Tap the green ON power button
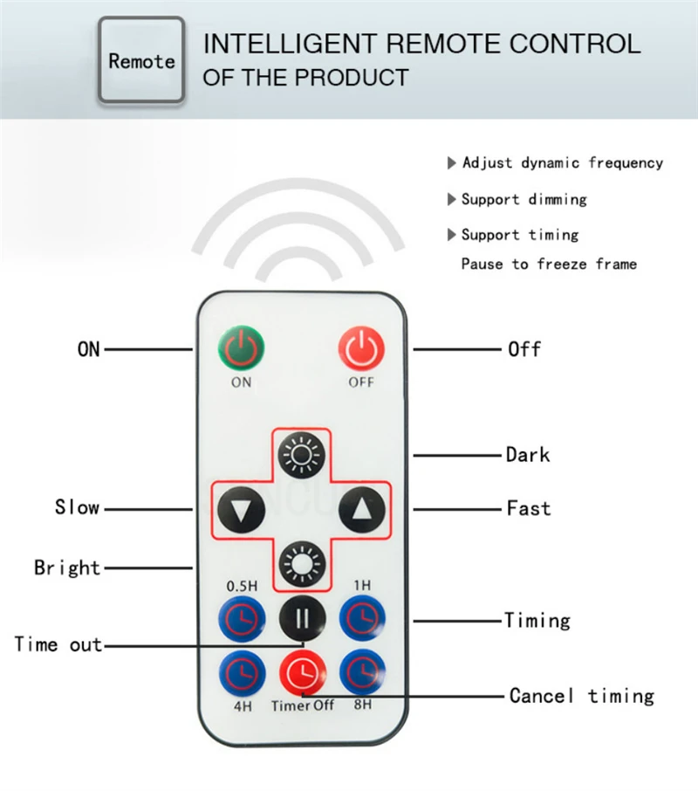242,349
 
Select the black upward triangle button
360,508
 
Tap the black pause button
302,617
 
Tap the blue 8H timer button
361,673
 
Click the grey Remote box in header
141,61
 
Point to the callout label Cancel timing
581,696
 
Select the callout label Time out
58,645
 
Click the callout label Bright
67,567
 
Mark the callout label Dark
528,455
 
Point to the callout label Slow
77,508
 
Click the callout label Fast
529,508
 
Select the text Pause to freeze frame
549,264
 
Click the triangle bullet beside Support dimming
452,200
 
